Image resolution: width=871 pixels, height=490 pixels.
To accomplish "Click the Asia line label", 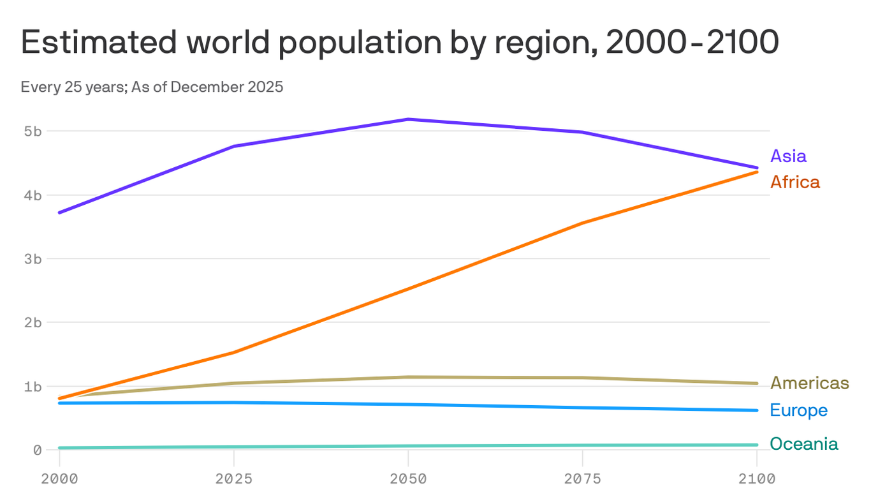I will coord(788,156).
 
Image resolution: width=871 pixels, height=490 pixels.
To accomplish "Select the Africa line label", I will coord(794,182).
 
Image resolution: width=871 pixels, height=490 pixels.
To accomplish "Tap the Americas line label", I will coord(809,383).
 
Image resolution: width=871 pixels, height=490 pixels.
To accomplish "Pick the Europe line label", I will coord(798,410).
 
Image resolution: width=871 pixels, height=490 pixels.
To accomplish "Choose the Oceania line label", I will coord(803,444).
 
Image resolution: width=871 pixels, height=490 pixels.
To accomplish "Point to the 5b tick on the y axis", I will coord(33,131).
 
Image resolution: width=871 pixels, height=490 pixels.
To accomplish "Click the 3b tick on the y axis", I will coord(33,259).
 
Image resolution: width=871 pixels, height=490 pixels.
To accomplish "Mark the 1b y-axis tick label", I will coord(33,387).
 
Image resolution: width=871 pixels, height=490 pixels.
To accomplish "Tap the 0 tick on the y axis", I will coord(37,450).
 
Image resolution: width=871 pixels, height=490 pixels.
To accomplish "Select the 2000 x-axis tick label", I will coord(59,478).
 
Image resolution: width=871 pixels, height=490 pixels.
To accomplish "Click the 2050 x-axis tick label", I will coord(407,478).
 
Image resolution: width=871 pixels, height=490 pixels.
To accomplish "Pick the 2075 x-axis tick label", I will coord(582,478).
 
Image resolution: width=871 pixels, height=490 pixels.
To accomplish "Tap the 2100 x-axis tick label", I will coord(756,478).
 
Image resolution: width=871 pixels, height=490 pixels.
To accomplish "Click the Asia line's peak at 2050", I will coord(407,119).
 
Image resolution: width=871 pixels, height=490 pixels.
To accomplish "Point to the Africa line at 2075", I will coord(582,223).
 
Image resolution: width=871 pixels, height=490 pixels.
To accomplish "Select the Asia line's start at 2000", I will coord(59,212).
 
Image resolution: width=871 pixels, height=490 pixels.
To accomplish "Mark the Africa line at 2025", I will coord(233,353).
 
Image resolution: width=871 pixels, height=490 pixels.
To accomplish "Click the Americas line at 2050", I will coord(407,377).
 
